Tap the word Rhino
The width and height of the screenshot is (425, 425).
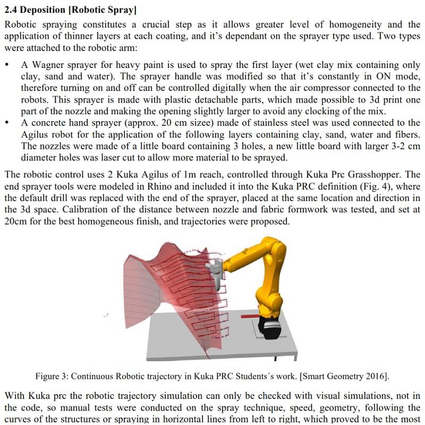coord(151,186)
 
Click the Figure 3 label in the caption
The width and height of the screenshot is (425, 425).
coord(53,376)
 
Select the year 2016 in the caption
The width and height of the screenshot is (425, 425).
coord(375,376)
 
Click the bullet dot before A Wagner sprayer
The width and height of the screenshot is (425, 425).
coord(6,65)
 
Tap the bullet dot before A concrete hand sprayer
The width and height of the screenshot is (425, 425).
coord(6,123)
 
